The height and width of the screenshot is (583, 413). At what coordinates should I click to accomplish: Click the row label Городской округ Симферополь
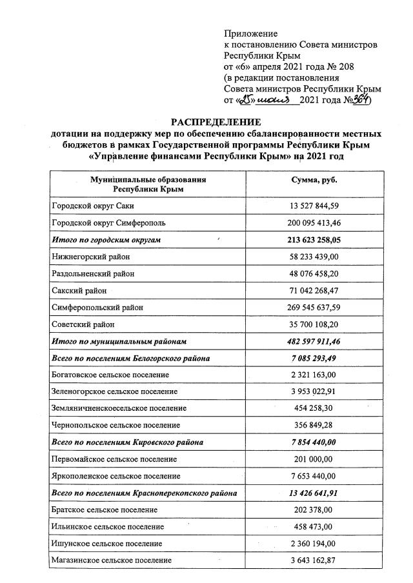tap(109, 223)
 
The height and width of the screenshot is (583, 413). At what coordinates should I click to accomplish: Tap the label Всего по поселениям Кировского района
tap(127, 442)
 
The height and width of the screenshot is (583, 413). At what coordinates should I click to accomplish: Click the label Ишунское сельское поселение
tap(107, 544)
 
